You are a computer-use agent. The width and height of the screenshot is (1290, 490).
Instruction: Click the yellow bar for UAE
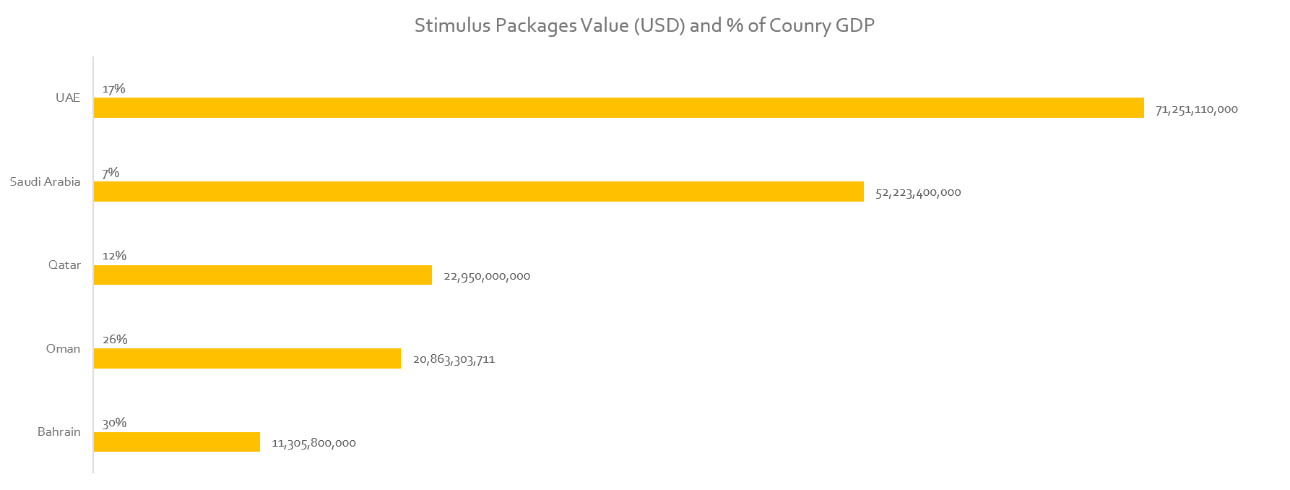click(x=618, y=108)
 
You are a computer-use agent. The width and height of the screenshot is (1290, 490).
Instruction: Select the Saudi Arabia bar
click(x=478, y=192)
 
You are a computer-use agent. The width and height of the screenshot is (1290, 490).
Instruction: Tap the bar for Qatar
click(x=262, y=275)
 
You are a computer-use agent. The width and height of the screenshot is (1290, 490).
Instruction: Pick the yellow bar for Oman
click(x=247, y=358)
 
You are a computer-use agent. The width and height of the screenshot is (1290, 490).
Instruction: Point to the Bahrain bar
click(x=176, y=442)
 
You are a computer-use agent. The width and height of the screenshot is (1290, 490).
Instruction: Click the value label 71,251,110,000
click(x=1196, y=110)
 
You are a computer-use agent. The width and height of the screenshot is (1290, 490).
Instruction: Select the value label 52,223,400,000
click(x=918, y=193)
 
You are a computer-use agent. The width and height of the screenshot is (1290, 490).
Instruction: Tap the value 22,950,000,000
click(x=487, y=277)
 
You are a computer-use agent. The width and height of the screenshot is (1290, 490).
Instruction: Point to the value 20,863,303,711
click(x=454, y=359)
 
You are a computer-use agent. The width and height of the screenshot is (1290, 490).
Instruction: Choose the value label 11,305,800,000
click(x=313, y=443)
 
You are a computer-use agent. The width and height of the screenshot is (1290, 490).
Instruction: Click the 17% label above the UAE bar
click(x=113, y=89)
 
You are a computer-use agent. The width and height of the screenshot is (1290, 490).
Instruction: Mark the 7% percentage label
click(x=111, y=173)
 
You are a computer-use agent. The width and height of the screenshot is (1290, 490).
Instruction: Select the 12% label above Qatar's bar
click(x=114, y=256)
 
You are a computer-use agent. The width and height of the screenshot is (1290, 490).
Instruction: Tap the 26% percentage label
click(x=115, y=340)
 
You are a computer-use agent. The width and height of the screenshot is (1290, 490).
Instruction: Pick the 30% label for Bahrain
click(x=114, y=423)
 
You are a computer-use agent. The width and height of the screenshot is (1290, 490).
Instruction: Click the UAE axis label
click(x=68, y=98)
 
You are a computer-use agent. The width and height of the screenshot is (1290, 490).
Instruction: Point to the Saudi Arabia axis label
click(x=45, y=181)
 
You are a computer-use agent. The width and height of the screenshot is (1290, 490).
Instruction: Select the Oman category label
click(x=63, y=348)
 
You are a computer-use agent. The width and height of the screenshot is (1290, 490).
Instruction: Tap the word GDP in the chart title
click(x=854, y=26)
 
